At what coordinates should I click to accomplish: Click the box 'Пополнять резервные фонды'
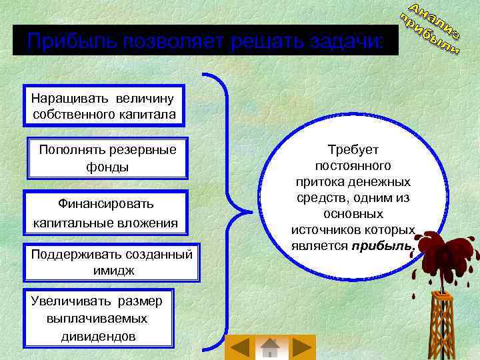(107, 158)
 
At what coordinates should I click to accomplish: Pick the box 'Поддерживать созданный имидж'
(111, 262)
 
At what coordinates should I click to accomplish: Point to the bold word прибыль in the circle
(384, 246)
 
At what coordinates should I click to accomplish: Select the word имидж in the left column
(114, 270)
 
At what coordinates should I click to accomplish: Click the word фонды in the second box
(107, 167)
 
